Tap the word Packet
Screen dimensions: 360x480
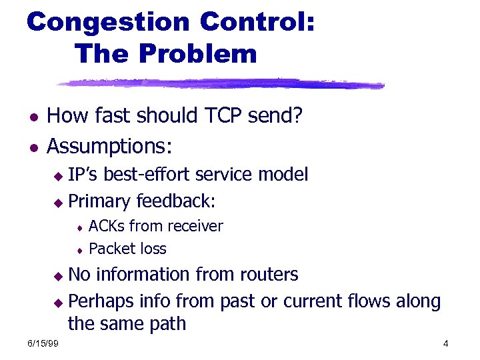[x=109, y=249]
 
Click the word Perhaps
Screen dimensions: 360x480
[x=101, y=301]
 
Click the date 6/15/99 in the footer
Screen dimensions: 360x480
[x=42, y=344]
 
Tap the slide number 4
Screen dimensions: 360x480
[x=445, y=344]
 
